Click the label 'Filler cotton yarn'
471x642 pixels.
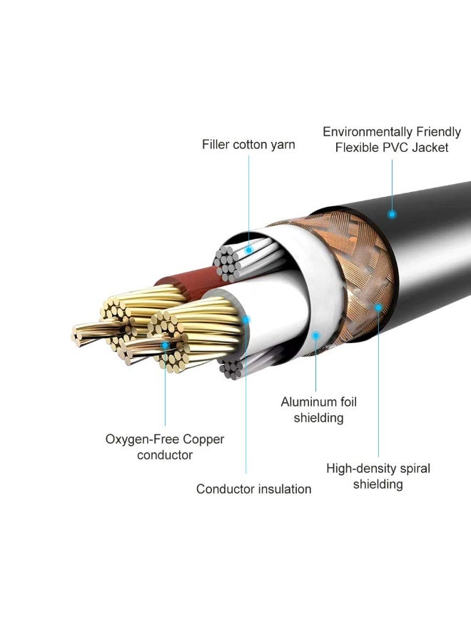[x=248, y=145]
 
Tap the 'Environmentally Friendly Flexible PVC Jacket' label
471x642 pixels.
[x=392, y=140]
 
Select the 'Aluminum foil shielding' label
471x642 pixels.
[x=319, y=410]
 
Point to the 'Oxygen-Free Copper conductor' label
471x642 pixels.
[x=165, y=447]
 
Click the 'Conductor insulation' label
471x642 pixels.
[x=253, y=489]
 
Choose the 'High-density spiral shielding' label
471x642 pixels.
[x=378, y=477]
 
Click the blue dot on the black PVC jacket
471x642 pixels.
[x=392, y=214]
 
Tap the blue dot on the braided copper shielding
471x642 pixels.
[x=378, y=307]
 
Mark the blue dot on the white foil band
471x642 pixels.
[x=315, y=336]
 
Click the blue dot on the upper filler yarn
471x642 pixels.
[x=248, y=250]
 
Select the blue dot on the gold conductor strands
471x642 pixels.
[x=165, y=345]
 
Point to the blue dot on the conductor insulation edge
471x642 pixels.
[x=246, y=320]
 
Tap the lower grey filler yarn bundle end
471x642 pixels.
[x=231, y=370]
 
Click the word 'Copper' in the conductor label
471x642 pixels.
[x=203, y=439]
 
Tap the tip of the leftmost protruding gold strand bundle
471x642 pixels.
[x=75, y=335]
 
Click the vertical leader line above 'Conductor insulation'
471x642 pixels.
[x=246, y=397]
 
